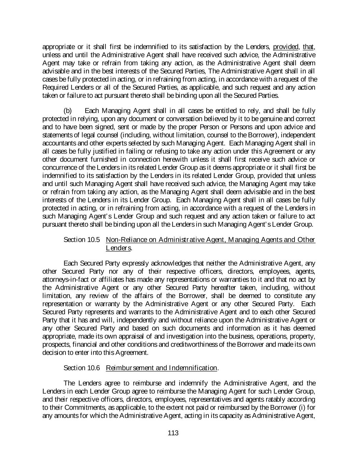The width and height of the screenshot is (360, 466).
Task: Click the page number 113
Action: [x=173, y=433]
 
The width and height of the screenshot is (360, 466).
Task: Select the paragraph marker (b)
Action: [x=68, y=111]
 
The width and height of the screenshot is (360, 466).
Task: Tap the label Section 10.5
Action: [x=82, y=240]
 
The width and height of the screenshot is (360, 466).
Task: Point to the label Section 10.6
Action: [x=82, y=368]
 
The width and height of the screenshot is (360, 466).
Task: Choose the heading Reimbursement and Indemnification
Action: [x=161, y=368]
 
